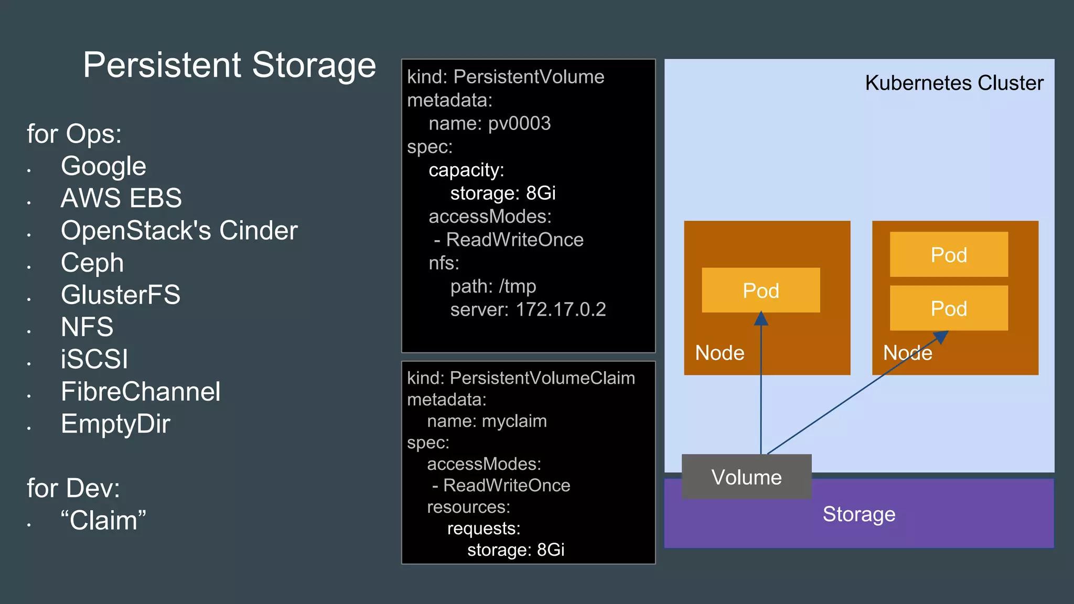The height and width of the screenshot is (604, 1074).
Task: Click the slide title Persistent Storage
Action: [x=229, y=65]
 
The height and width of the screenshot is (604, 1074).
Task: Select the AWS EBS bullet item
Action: [x=121, y=198]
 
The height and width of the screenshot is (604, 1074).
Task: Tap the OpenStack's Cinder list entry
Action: [x=179, y=230]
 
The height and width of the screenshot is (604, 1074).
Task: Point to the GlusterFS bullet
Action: [x=120, y=295]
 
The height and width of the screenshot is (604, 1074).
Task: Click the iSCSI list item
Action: [x=94, y=359]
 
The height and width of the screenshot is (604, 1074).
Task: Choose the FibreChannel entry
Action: [x=141, y=392]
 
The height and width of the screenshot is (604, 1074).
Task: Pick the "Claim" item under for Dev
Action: [x=103, y=521]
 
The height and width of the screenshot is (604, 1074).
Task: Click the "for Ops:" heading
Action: [x=74, y=134]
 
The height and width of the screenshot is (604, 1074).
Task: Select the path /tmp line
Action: [x=492, y=286]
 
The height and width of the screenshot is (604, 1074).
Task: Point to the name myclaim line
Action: [x=486, y=421]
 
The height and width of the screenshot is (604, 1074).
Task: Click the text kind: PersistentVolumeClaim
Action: [x=520, y=378]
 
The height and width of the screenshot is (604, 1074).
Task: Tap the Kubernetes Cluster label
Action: [x=953, y=83]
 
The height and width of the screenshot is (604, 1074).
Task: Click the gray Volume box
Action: [x=746, y=477]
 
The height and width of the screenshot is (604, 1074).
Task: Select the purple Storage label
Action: [x=858, y=514]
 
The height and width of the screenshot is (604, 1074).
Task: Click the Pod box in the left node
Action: [x=760, y=290]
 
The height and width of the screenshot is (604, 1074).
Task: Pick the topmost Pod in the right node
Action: [x=948, y=255]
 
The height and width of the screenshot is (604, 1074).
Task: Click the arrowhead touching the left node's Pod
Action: [x=761, y=318]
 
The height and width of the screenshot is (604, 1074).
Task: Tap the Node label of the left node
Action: [x=719, y=353]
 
